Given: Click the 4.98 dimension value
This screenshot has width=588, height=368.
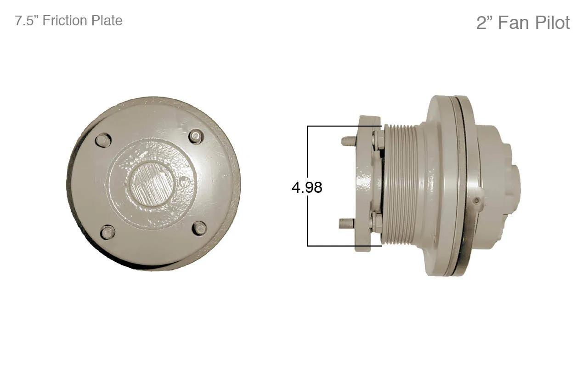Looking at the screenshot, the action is tap(307, 187).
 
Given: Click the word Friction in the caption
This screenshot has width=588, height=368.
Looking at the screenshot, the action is tap(65, 20).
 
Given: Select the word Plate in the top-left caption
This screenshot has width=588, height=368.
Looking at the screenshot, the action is tap(107, 21).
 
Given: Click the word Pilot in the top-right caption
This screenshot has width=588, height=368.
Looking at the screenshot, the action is tap(552, 23).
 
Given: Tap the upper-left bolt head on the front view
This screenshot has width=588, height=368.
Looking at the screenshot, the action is tap(103, 140).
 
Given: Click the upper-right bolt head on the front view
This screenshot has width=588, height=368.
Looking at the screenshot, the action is tap(196, 137).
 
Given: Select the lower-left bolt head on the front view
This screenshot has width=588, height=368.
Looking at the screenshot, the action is tap(107, 232).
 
